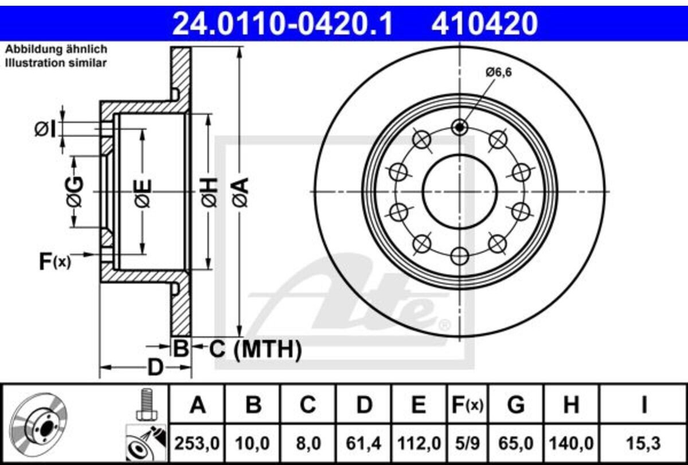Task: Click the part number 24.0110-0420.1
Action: coord(283,23)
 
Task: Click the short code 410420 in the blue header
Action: coord(484,23)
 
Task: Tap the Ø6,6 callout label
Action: coord(499,72)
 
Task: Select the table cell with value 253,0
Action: coord(197,443)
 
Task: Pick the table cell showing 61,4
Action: coord(363,443)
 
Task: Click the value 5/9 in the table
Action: coord(467,443)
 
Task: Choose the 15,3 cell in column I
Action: coord(643,443)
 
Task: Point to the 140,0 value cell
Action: coord(571,443)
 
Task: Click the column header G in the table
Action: coord(516,405)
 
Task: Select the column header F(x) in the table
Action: coord(467,405)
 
